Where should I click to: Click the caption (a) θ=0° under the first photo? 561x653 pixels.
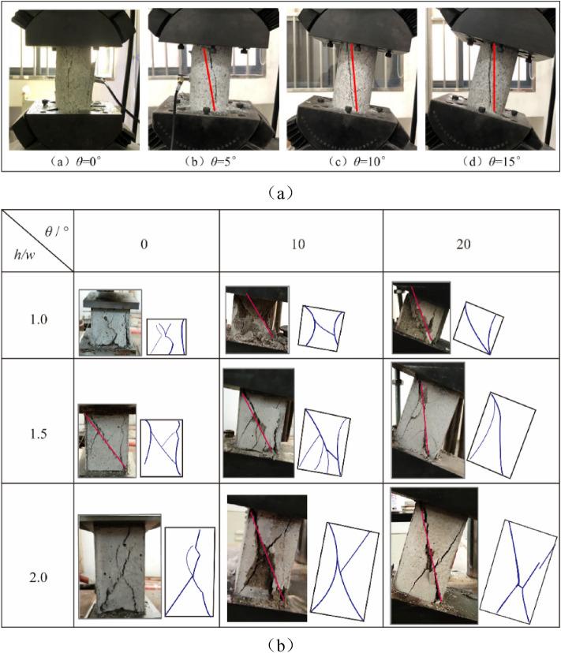(x=76, y=162)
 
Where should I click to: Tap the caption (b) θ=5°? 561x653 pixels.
(x=211, y=162)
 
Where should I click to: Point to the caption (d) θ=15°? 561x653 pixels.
(x=492, y=162)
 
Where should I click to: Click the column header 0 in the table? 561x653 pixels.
(x=144, y=244)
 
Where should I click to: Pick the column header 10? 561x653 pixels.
(x=298, y=244)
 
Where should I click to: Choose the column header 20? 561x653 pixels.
(x=463, y=244)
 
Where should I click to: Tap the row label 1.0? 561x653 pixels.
(x=39, y=319)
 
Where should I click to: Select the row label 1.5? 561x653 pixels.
(x=39, y=434)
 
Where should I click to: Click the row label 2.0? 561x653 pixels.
(x=39, y=577)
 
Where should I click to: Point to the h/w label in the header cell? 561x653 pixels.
(x=24, y=255)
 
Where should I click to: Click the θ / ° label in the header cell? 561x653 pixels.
(x=57, y=231)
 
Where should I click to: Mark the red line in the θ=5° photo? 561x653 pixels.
(x=209, y=80)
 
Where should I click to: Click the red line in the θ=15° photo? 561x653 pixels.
(x=494, y=78)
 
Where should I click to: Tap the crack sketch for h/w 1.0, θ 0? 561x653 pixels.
(x=166, y=337)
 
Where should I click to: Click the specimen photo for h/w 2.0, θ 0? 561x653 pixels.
(x=120, y=566)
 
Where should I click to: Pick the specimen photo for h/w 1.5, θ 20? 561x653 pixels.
(x=428, y=420)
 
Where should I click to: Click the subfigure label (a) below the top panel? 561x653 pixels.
(x=280, y=192)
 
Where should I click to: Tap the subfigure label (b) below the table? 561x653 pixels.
(x=280, y=645)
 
